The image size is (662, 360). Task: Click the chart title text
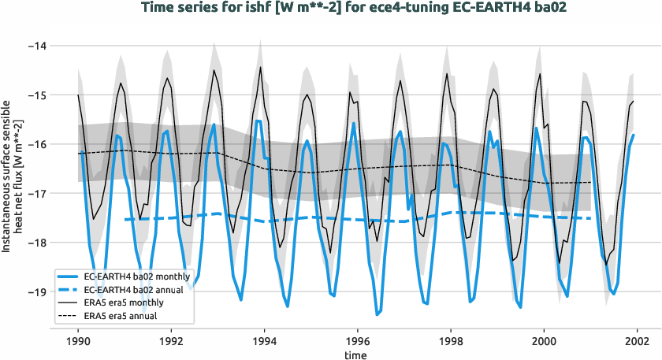[x=331, y=9]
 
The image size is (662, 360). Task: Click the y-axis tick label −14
[x=36, y=46]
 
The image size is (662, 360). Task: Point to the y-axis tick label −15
[x=36, y=95]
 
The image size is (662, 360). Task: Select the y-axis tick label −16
[x=36, y=144]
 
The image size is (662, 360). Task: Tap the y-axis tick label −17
[x=36, y=193]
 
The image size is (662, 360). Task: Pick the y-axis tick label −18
[x=36, y=243]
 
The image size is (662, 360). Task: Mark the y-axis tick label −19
[x=36, y=291]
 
